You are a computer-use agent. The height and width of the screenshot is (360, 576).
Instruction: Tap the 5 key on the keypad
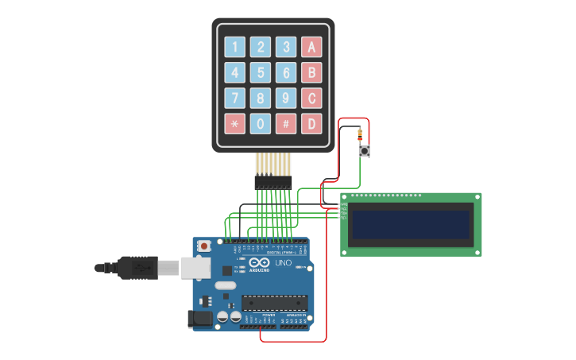(261, 73)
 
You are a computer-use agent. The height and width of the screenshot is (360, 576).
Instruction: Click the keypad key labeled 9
(286, 99)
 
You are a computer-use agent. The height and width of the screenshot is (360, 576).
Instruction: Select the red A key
(311, 47)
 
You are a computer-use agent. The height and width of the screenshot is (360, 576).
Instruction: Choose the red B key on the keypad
(311, 73)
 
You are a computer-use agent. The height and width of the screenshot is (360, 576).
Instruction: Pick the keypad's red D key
(311, 124)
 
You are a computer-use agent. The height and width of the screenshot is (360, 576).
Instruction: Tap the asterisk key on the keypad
(234, 124)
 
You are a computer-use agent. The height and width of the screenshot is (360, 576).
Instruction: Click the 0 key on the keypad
(261, 124)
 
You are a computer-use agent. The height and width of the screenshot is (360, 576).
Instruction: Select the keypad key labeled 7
(234, 99)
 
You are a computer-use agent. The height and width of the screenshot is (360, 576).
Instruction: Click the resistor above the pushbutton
(360, 134)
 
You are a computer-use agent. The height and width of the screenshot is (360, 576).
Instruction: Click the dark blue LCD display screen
(411, 225)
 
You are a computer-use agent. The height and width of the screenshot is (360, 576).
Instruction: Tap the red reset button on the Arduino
(204, 246)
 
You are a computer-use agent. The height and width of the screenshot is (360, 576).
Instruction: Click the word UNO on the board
(284, 263)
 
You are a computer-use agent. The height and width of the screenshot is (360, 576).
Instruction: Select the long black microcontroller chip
(274, 302)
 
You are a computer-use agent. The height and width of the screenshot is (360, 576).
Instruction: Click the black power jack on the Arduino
(199, 319)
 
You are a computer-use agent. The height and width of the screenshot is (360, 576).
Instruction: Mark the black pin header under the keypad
(273, 182)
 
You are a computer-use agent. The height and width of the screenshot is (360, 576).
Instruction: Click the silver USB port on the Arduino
(195, 268)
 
